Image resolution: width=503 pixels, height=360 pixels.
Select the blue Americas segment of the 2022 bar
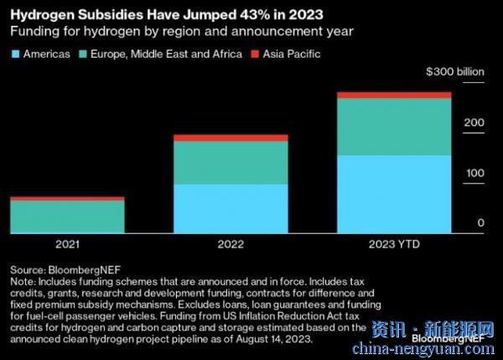point(231,208)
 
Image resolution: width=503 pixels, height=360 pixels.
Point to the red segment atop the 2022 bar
point(231,138)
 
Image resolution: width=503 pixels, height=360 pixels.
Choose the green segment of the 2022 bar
point(231,163)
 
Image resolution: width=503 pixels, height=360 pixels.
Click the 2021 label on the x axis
point(67,244)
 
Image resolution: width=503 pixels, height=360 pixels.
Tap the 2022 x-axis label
point(231,244)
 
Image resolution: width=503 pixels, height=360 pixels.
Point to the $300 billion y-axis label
point(456,73)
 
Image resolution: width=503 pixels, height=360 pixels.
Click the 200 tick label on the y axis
point(474,123)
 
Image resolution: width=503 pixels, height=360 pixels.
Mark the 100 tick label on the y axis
point(474,173)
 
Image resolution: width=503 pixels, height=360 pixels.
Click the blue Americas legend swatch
point(15,54)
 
